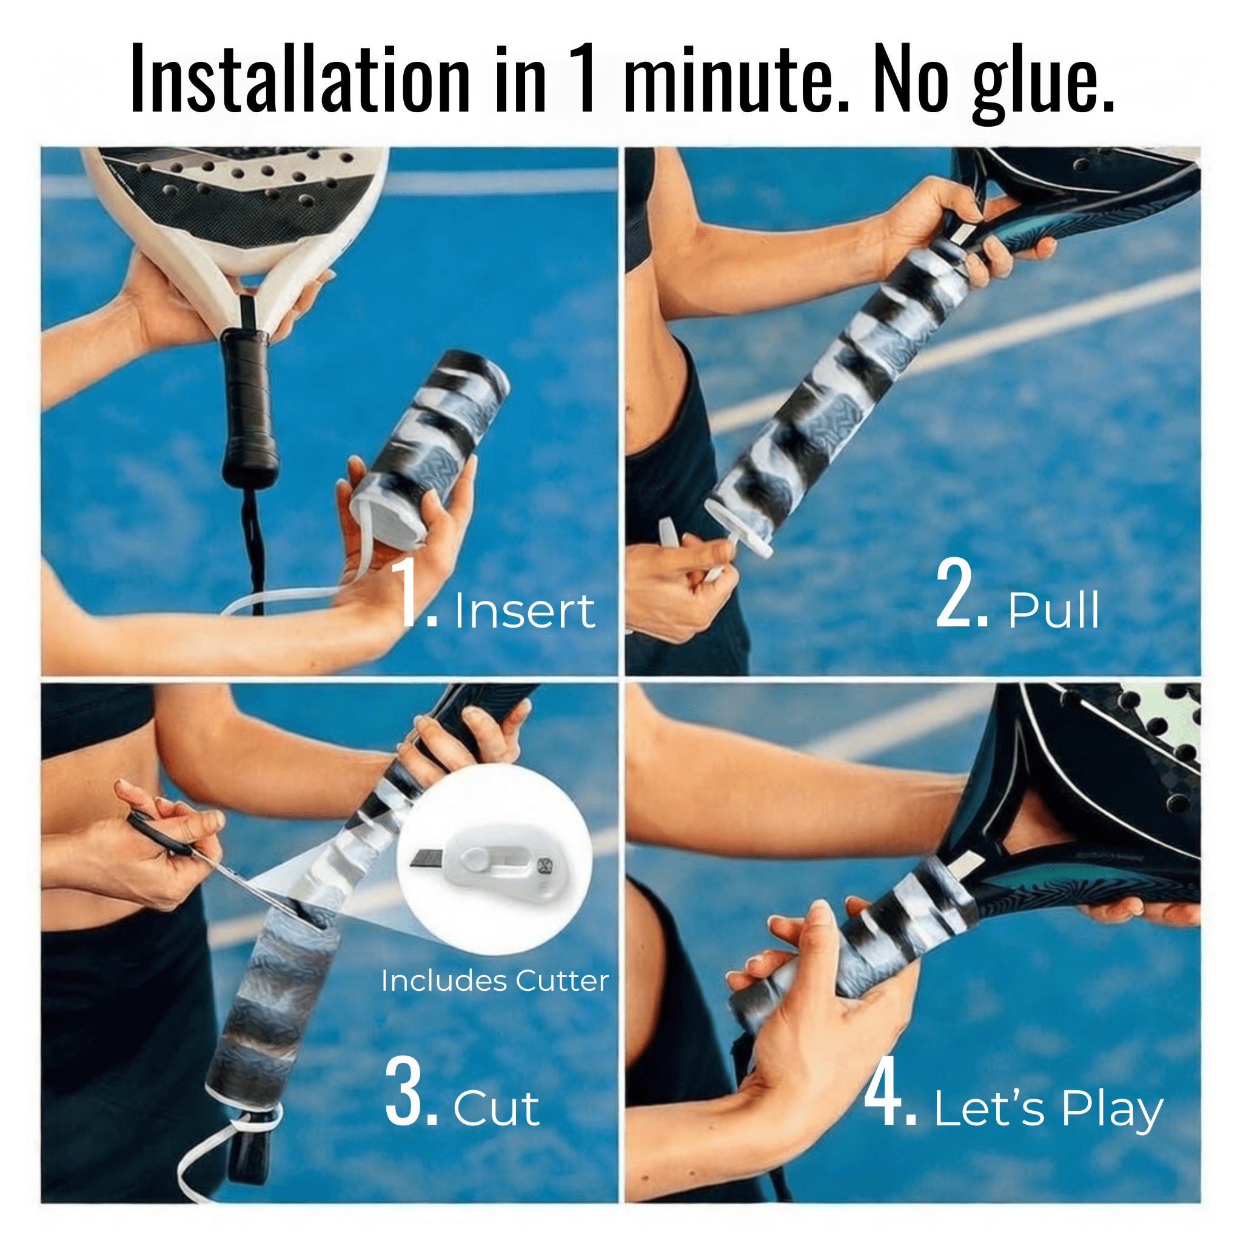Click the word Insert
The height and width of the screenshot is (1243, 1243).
click(x=524, y=611)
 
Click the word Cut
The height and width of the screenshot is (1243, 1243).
click(x=496, y=1108)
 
